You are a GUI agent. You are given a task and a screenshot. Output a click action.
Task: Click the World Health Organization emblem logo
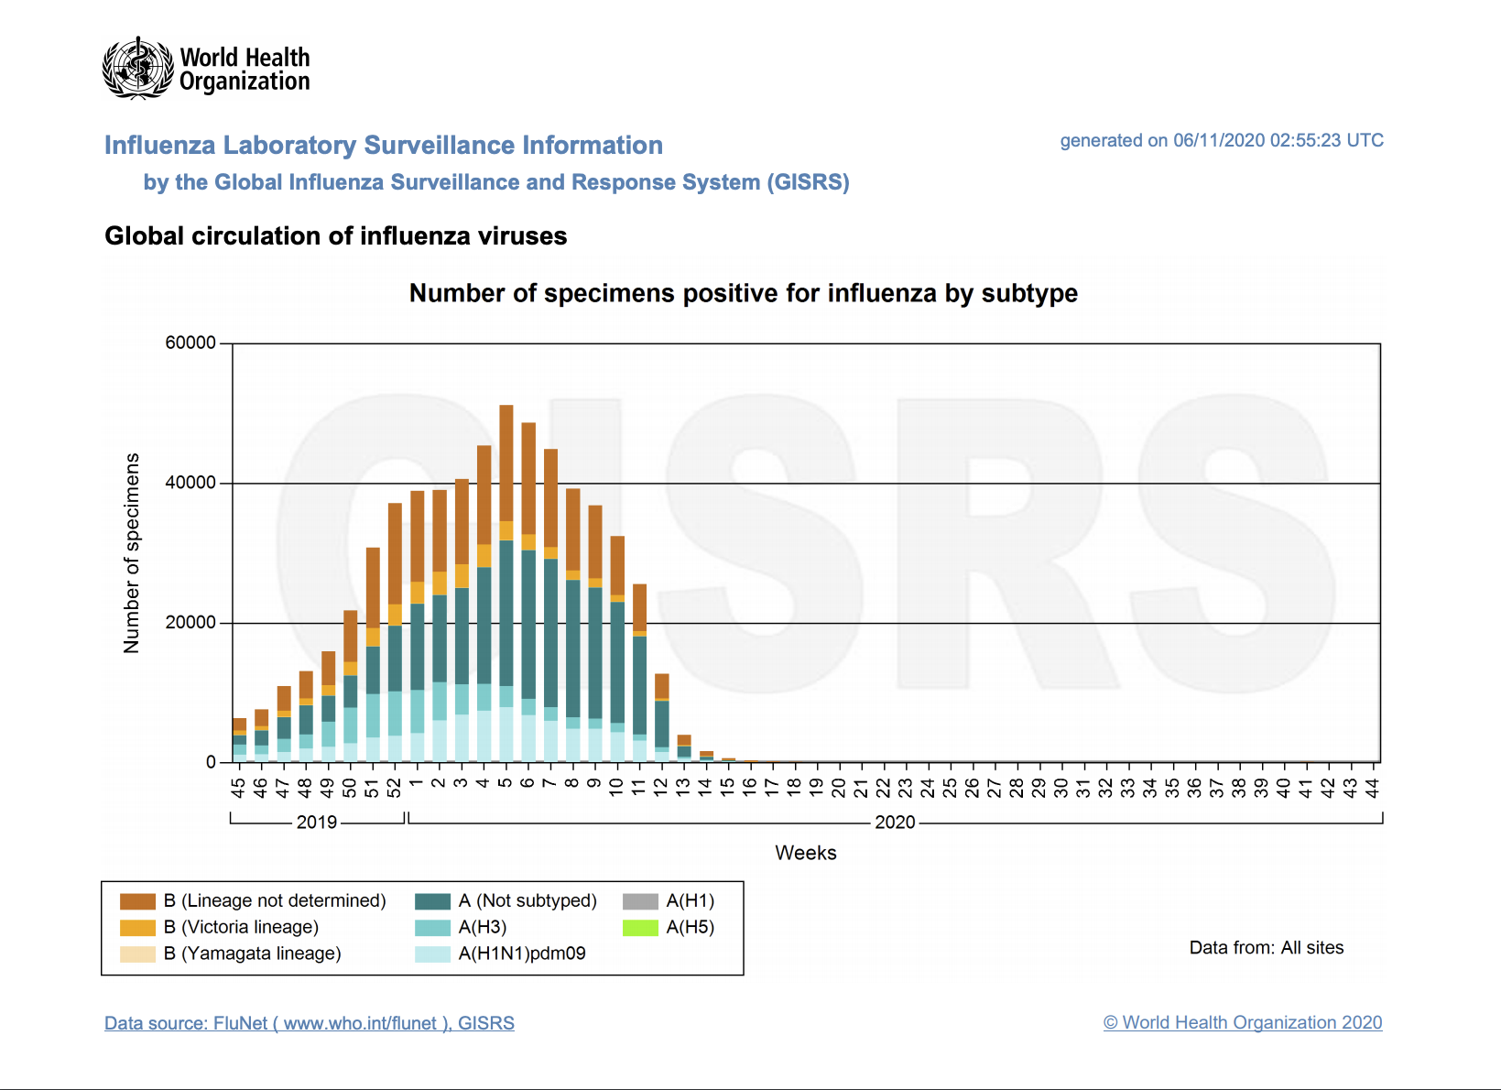point(137,68)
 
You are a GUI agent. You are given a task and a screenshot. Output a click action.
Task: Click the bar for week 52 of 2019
point(395,632)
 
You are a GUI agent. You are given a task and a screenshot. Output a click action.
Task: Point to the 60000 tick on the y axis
point(190,343)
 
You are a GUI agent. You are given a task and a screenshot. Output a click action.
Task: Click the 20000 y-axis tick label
point(190,623)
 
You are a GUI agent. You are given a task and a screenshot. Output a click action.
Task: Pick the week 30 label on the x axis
point(1061,788)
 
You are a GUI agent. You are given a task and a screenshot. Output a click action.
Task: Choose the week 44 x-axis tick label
point(1372,788)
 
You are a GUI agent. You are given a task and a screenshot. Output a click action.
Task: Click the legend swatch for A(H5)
point(640,928)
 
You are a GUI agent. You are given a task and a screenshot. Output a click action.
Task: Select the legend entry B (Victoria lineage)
point(241,927)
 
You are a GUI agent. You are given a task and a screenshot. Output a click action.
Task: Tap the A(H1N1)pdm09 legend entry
point(521,954)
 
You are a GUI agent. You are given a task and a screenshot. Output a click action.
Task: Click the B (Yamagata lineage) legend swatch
point(137,954)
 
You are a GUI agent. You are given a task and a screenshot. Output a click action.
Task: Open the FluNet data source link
point(309,1023)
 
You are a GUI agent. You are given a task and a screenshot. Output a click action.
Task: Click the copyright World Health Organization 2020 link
point(1242,1022)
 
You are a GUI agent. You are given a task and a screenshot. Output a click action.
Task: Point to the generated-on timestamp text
point(1221,140)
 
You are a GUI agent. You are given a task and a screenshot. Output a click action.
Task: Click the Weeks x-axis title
point(805,853)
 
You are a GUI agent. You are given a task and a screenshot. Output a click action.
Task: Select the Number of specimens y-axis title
point(132,552)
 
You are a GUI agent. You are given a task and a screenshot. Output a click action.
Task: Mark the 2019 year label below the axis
point(317,822)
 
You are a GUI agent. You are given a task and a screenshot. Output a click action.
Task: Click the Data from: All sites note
point(1266,947)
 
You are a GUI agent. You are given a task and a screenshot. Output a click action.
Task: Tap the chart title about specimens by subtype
point(743,293)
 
